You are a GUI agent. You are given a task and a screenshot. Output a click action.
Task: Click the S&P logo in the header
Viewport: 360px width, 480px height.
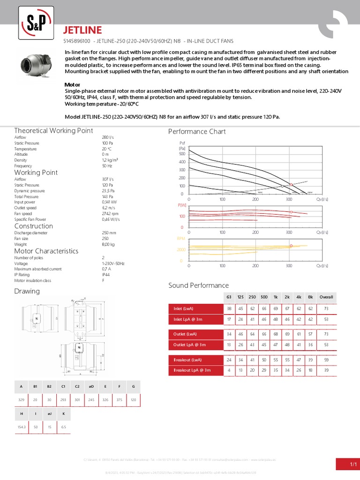coord(37,22)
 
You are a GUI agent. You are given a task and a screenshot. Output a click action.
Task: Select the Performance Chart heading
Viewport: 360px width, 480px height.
coord(197,132)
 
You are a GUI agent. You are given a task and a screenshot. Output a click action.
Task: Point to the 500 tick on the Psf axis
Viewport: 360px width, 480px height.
coord(182,153)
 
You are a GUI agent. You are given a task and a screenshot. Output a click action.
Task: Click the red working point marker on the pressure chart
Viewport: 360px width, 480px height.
coord(291,184)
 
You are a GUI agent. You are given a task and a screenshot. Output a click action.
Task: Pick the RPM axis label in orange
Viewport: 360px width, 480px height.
coord(181,239)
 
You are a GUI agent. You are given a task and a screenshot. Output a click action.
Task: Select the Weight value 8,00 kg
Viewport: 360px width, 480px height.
coord(108,244)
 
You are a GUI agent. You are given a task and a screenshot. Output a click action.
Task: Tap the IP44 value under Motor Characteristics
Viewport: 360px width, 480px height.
coord(106,275)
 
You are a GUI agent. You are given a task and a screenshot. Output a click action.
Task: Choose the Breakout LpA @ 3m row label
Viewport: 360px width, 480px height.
coord(192,370)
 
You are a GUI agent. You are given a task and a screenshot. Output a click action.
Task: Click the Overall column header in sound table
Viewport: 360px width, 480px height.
coord(326,297)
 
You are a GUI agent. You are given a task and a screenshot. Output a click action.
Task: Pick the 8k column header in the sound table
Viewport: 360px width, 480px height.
coord(310,297)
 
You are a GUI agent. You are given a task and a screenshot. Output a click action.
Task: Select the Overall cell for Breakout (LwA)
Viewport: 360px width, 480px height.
coord(326,360)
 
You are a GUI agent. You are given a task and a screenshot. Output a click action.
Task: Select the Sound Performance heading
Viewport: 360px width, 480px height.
coord(198,285)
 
